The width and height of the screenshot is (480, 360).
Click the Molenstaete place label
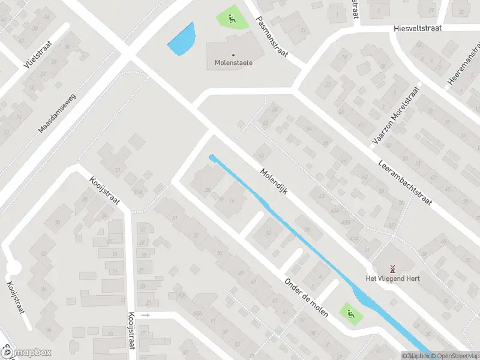pyautogui.click(x=233, y=62)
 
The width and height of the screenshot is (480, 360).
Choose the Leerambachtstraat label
pyautogui.click(x=405, y=182)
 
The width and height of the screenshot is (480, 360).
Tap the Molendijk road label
pyautogui.click(x=275, y=179)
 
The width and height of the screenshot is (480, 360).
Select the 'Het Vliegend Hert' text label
pyautogui.click(x=393, y=278)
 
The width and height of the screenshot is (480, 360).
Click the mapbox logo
pyautogui.click(x=26, y=353)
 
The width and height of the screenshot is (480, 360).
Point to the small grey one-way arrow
pyautogui.click(x=145, y=314)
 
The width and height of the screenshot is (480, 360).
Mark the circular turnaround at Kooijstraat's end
pyautogui.click(x=13, y=268)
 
